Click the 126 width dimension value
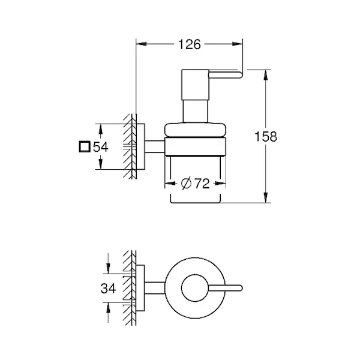(x=190, y=44)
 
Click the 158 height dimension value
(x=266, y=136)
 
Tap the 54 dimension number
(x=101, y=147)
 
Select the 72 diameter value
(x=202, y=184)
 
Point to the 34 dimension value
(x=108, y=288)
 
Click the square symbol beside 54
(x=84, y=146)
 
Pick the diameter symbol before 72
(x=186, y=184)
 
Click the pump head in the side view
(x=196, y=85)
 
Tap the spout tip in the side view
(x=241, y=75)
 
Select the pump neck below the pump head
(x=196, y=111)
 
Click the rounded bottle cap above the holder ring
(x=195, y=130)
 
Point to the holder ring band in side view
(x=195, y=147)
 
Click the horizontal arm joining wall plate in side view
(x=155, y=146)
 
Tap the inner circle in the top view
(x=195, y=288)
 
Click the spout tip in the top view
(x=241, y=288)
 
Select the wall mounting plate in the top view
(x=140, y=288)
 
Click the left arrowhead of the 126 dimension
(x=141, y=44)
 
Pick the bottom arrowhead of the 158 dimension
(x=266, y=197)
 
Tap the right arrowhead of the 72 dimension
(x=220, y=183)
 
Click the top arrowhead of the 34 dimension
(x=108, y=268)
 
